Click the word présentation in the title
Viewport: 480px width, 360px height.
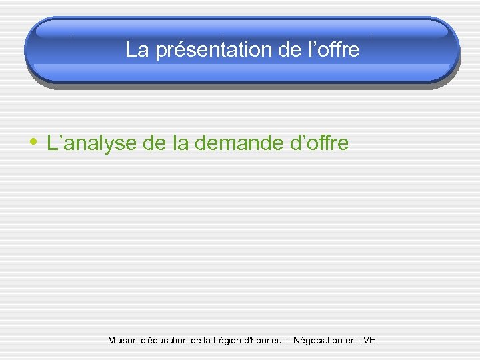click(209, 50)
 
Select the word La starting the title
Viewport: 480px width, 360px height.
click(137, 50)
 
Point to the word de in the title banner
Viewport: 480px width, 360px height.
click(279, 50)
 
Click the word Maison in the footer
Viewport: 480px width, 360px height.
click(122, 341)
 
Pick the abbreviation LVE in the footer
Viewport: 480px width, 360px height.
click(366, 341)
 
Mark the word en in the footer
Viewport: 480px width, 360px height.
click(350, 341)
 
